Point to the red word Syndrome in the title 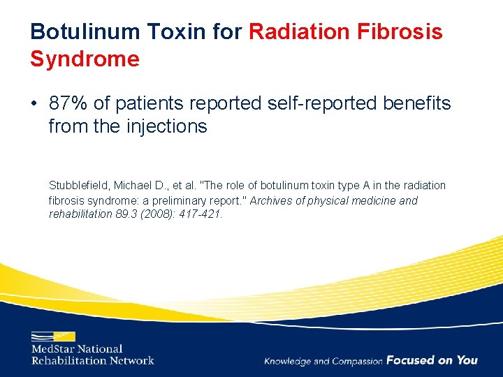tap(85, 59)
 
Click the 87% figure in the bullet tap(69, 104)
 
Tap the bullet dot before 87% tap(35, 105)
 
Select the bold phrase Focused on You tap(432, 360)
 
